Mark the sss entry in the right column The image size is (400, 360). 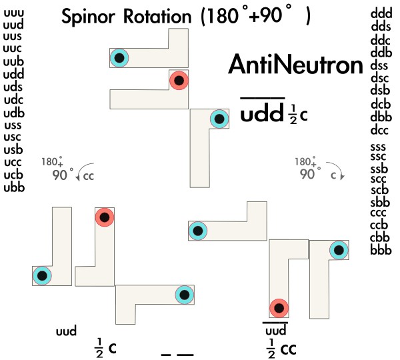point(380,146)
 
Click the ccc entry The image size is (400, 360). point(380,215)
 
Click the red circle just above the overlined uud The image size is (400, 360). point(278,307)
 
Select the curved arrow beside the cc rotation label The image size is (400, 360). point(82,175)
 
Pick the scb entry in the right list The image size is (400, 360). point(380,191)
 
